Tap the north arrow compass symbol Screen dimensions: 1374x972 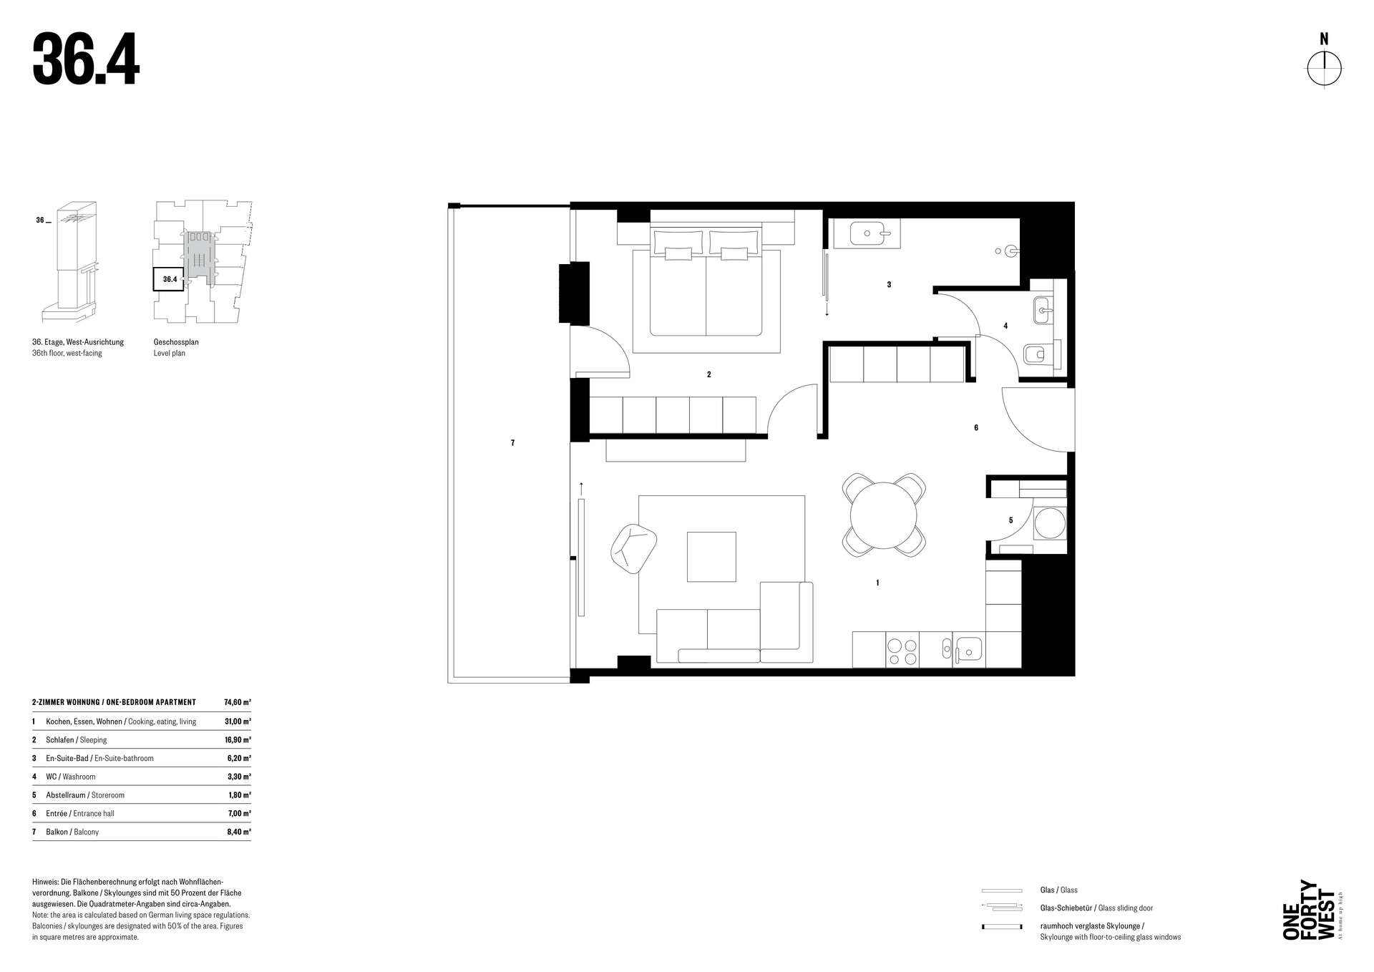(x=1325, y=69)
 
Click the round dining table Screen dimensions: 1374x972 (x=884, y=515)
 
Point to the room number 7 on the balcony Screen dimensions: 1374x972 (x=512, y=443)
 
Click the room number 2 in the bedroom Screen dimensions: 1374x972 (x=708, y=374)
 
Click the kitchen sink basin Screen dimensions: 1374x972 (x=970, y=650)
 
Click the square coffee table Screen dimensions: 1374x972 (x=711, y=556)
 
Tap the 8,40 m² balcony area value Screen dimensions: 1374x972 (x=238, y=832)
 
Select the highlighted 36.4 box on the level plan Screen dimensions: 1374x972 (x=169, y=279)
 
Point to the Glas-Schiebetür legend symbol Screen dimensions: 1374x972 (x=1002, y=908)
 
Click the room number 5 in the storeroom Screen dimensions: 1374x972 (x=1010, y=520)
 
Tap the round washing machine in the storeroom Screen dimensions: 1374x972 (x=1050, y=523)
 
